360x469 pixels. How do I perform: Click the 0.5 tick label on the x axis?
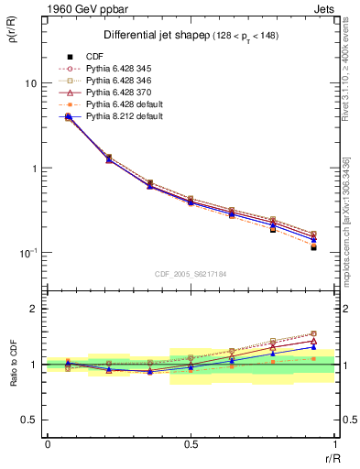pyautogui.click(x=191, y=444)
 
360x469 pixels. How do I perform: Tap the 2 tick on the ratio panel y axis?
pyautogui.click(x=35, y=310)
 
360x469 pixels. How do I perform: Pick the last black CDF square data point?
pyautogui.click(x=313, y=247)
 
